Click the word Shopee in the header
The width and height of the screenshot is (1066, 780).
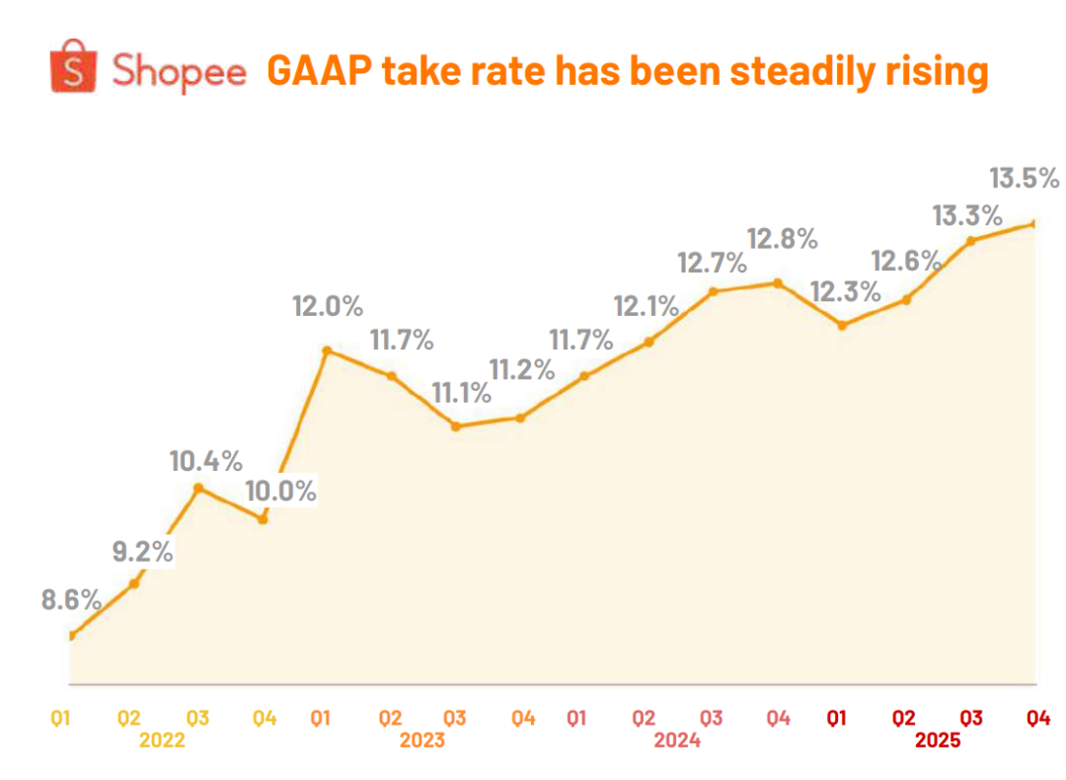click(x=179, y=72)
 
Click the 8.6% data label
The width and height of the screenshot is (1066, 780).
click(x=72, y=599)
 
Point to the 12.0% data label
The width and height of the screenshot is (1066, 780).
click(x=327, y=307)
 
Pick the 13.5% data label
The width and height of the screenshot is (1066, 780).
click(x=1024, y=179)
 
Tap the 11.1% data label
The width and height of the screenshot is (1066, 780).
click(x=461, y=393)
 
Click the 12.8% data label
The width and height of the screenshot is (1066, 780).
click(x=783, y=239)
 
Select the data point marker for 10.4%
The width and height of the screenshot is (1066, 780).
click(x=198, y=488)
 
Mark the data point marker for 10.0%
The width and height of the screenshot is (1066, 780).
click(x=263, y=518)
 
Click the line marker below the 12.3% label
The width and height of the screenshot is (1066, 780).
click(x=841, y=325)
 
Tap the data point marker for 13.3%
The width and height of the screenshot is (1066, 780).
click(x=970, y=240)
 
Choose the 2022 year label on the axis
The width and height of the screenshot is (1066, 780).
click(x=163, y=740)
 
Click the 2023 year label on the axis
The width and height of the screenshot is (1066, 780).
click(x=422, y=740)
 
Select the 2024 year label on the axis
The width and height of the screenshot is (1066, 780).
click(x=678, y=740)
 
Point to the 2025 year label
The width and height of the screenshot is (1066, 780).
click(x=938, y=740)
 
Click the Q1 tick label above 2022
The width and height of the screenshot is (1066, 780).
click(x=61, y=718)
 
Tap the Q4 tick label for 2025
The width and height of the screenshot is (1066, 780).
click(x=1036, y=718)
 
